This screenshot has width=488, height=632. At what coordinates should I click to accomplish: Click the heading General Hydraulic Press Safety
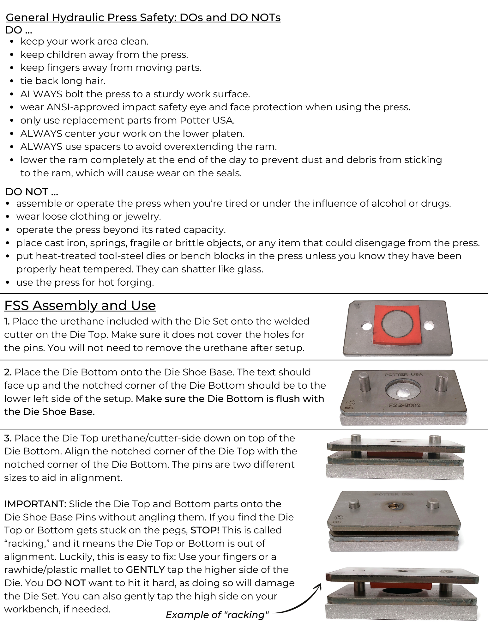(x=143, y=18)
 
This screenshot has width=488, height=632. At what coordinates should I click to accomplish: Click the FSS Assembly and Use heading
(x=80, y=306)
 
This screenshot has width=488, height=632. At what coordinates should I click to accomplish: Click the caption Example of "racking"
(x=217, y=615)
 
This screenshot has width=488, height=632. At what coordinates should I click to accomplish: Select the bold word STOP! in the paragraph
(x=205, y=530)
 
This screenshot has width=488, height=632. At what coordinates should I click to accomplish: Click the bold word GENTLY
(x=145, y=569)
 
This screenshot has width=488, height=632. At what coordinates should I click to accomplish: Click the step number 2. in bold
(x=8, y=372)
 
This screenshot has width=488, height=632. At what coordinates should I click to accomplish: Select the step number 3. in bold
(x=8, y=438)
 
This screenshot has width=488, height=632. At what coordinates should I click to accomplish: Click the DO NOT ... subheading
(x=32, y=192)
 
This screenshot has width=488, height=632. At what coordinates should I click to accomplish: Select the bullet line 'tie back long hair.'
(x=63, y=81)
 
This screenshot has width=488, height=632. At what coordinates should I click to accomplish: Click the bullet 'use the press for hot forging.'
(x=85, y=283)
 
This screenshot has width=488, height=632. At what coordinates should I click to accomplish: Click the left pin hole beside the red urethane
(x=367, y=325)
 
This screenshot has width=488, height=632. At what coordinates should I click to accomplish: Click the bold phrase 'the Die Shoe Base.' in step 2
(x=49, y=412)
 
